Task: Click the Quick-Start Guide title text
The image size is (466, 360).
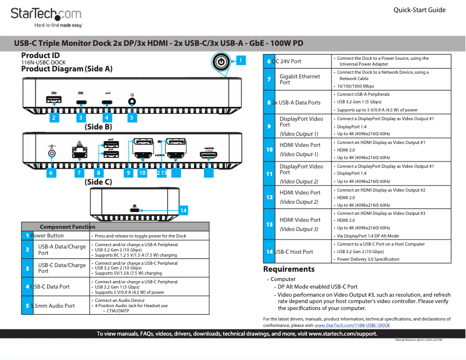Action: click(x=419, y=10)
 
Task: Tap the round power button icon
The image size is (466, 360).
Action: click(x=221, y=62)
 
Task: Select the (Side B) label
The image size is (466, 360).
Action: click(x=98, y=126)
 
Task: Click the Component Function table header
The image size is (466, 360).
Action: click(x=67, y=226)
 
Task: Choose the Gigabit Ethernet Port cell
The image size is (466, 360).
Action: click(x=300, y=79)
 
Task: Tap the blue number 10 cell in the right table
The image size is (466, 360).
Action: click(x=269, y=149)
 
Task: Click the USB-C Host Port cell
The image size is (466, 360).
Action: click(x=296, y=251)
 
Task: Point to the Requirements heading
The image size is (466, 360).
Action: click(x=289, y=269)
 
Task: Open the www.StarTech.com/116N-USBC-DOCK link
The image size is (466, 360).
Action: click(x=352, y=326)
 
